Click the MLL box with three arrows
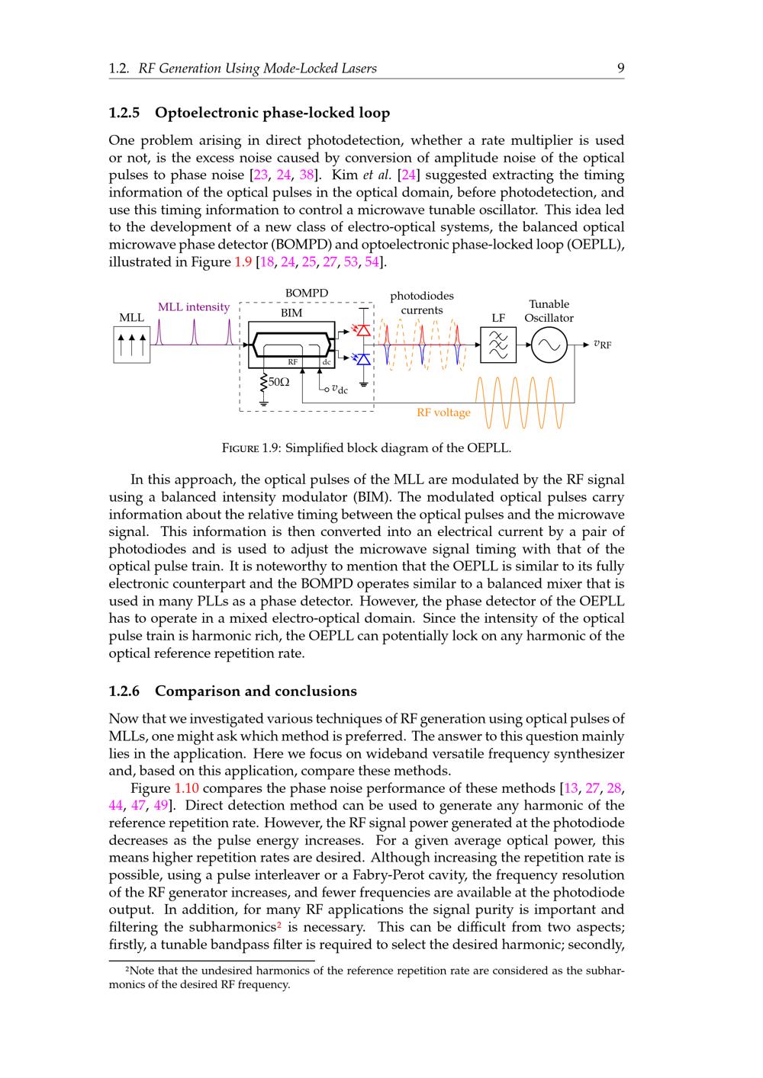(x=131, y=345)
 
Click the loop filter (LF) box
(x=497, y=345)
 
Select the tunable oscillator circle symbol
(x=549, y=345)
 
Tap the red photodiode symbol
(x=363, y=330)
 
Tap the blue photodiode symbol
(x=363, y=358)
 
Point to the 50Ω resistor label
(x=278, y=381)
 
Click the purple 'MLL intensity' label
(x=193, y=307)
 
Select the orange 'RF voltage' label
(x=443, y=412)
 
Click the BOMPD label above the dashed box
(x=307, y=294)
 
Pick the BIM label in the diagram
(x=291, y=313)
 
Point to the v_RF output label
(x=602, y=345)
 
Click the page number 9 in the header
(x=620, y=69)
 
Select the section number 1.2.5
(x=124, y=113)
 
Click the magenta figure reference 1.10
(x=187, y=788)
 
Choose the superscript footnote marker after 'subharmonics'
(x=280, y=924)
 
